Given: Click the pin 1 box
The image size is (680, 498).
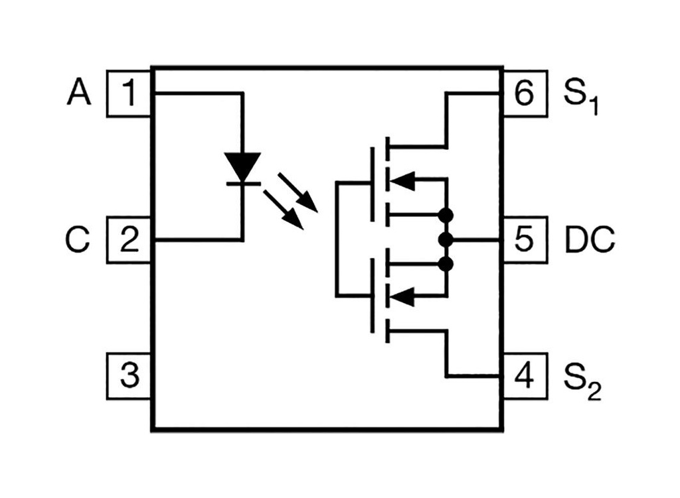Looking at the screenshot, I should [129, 93].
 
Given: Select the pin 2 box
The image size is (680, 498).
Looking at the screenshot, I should [129, 239].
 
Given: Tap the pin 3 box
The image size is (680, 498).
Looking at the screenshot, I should [129, 376].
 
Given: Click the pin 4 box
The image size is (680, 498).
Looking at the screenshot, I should [524, 376].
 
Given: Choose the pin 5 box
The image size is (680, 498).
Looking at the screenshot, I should [524, 239].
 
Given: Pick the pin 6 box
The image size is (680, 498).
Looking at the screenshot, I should [524, 93].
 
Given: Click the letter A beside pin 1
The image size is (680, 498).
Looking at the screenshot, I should [79, 94].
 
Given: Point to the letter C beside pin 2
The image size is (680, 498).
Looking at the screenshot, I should [78, 240].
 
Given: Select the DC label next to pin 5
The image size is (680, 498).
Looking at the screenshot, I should [590, 240].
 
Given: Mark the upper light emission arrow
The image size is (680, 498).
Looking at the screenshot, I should [298, 192].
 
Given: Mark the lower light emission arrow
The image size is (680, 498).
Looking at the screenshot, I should [284, 209].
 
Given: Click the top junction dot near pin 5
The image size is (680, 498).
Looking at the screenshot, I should [446, 215].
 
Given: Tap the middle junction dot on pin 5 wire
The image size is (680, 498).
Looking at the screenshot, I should [446, 239].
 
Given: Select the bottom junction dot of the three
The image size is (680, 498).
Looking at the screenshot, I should [446, 265].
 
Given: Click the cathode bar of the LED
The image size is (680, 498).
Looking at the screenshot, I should [242, 183].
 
